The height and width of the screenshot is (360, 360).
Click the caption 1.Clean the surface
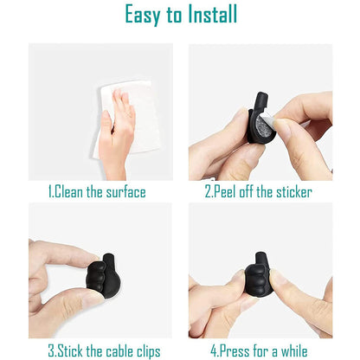point(97,192)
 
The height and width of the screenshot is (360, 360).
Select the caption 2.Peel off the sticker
point(258,192)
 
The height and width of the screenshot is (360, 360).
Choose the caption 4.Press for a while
point(258,351)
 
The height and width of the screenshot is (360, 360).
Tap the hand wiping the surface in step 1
point(117,130)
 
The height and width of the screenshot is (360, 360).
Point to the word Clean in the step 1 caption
point(71,192)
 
